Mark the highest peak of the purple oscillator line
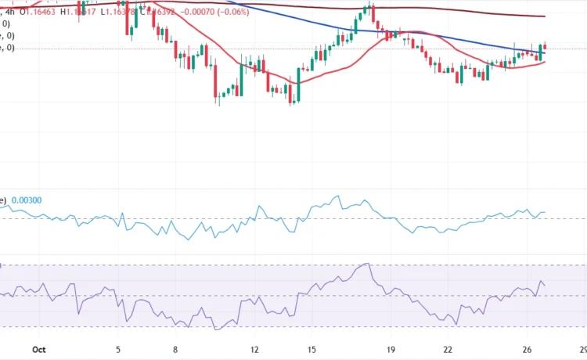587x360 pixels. pyautogui.click(x=366, y=265)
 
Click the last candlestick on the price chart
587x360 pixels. pyautogui.click(x=545, y=47)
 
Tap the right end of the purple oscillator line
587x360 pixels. pyautogui.click(x=546, y=284)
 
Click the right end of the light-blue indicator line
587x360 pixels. pyautogui.click(x=546, y=212)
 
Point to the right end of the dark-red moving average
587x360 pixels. pyautogui.click(x=546, y=16)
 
